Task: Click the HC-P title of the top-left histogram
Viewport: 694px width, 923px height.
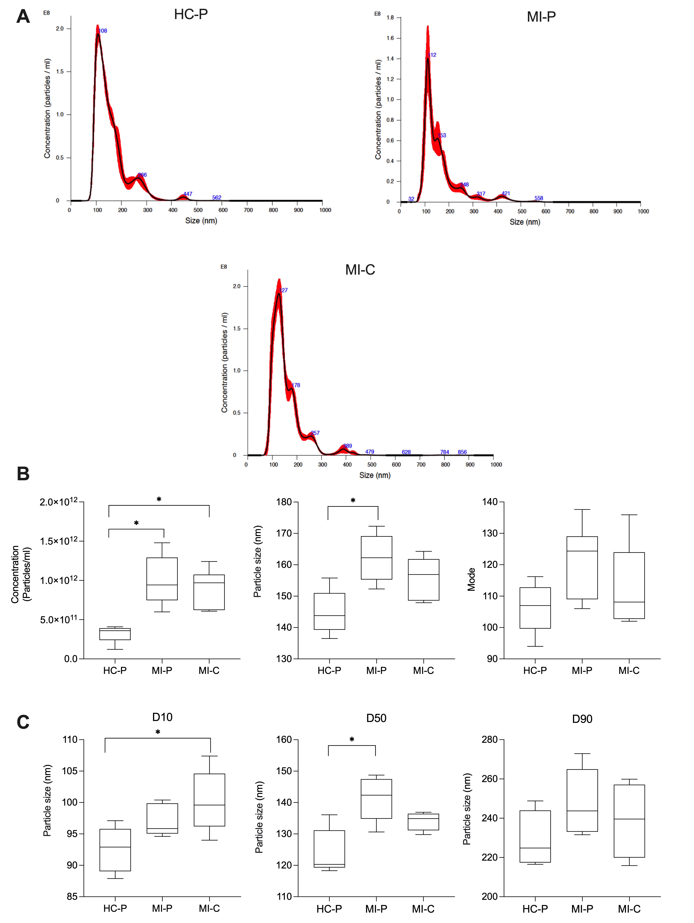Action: point(191,15)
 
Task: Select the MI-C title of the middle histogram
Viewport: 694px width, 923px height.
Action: point(360,270)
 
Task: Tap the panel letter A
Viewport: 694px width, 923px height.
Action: point(23,17)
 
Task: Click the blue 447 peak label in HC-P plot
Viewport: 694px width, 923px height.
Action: point(188,194)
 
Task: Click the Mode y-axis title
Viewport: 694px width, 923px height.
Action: point(471,580)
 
